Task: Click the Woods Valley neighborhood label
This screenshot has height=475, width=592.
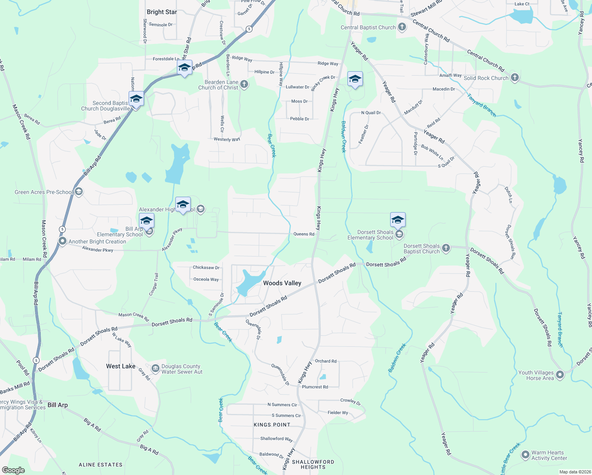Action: click(x=282, y=283)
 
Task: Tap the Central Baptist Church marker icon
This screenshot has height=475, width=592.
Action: click(x=402, y=27)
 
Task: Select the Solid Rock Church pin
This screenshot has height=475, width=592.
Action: click(x=514, y=78)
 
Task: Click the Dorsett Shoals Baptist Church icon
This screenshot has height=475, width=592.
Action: click(x=446, y=248)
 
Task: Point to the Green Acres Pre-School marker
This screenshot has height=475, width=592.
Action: click(x=78, y=192)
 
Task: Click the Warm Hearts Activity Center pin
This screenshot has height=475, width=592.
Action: click(x=526, y=455)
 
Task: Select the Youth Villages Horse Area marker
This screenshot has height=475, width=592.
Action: click(x=560, y=374)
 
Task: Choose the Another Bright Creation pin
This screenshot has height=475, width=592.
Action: click(x=62, y=241)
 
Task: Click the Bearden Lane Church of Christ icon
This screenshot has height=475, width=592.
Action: click(x=244, y=84)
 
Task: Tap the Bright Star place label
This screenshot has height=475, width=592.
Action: click(x=162, y=12)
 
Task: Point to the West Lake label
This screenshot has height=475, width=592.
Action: click(x=121, y=366)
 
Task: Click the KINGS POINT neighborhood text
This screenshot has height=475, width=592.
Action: click(x=272, y=425)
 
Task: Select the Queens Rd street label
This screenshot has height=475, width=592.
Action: click(x=304, y=234)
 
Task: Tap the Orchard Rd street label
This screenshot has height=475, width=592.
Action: click(x=326, y=361)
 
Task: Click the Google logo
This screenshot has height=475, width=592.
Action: click(x=13, y=470)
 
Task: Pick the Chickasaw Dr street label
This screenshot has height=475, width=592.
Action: click(x=206, y=268)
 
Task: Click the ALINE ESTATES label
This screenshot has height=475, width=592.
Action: click(x=101, y=465)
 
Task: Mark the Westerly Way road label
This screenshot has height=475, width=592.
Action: click(x=227, y=139)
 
